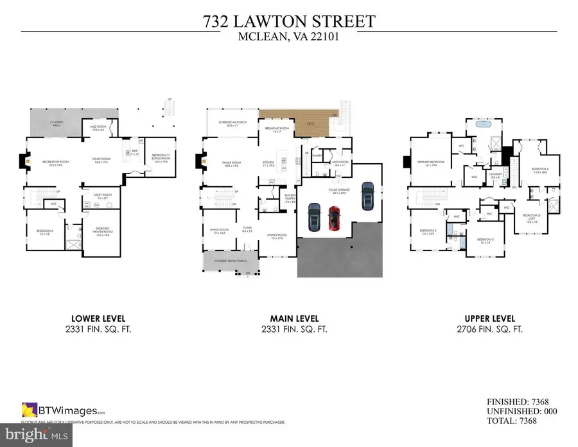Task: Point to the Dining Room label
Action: [x=276, y=236]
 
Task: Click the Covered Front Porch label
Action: [x=229, y=261]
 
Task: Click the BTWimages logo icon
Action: [x=29, y=408]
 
